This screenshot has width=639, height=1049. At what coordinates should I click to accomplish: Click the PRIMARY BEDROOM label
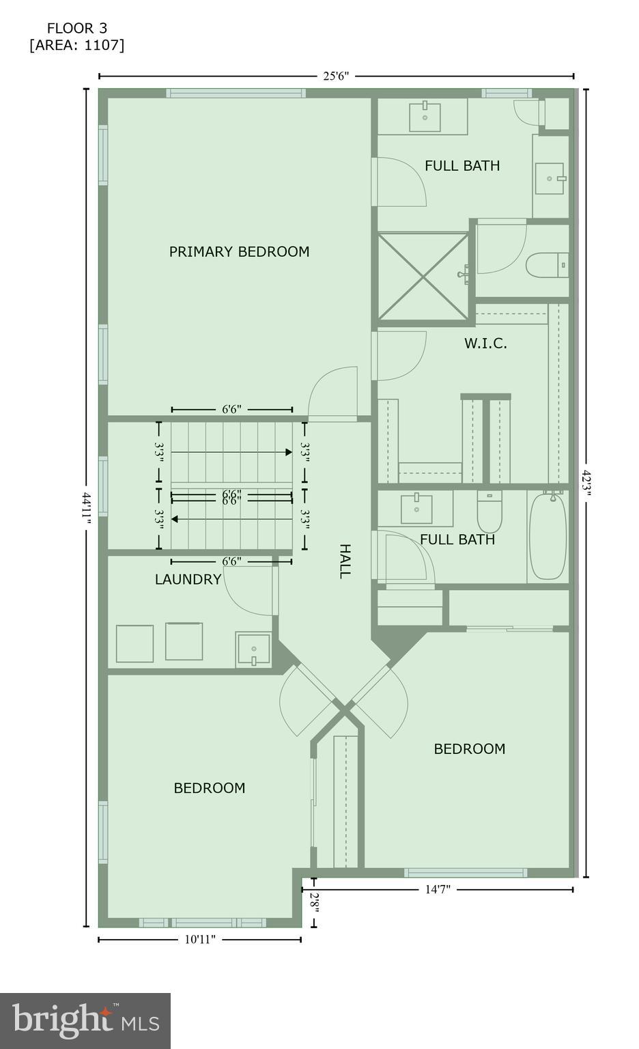click(x=239, y=251)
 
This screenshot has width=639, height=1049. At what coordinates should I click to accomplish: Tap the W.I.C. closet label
click(x=485, y=344)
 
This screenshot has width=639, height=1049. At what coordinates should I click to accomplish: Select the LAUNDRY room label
click(x=188, y=580)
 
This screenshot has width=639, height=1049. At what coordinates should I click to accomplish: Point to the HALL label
click(x=345, y=561)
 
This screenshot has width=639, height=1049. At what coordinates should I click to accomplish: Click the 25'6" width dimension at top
click(x=336, y=76)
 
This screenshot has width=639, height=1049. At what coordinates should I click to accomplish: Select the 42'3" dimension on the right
click(x=586, y=484)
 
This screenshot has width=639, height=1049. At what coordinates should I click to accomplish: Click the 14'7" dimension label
click(x=438, y=889)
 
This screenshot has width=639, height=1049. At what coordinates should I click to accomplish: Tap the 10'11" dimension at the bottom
click(x=200, y=939)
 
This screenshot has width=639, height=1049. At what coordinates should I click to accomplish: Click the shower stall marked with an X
click(x=423, y=276)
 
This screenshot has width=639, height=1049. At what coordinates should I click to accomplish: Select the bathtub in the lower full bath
click(x=548, y=535)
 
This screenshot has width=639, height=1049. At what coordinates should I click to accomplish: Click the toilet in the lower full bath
click(x=489, y=512)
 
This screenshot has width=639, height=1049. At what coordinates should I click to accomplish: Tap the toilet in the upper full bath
click(x=547, y=265)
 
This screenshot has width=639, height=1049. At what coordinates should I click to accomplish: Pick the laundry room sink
click(x=253, y=649)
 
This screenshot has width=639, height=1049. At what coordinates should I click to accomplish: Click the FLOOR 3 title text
click(x=76, y=28)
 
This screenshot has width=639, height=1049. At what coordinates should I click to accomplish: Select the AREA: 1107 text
click(x=76, y=45)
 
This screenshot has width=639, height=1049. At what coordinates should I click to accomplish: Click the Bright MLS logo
click(x=85, y=1020)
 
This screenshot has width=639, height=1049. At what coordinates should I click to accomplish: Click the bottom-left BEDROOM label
click(x=209, y=788)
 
